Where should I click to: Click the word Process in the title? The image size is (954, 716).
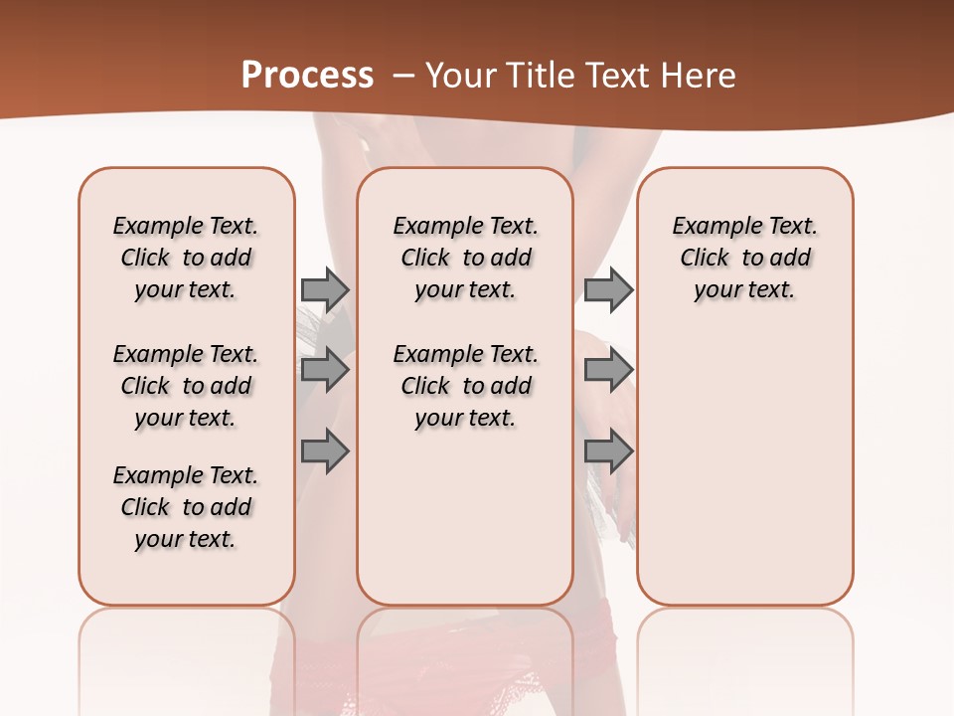coord(307,76)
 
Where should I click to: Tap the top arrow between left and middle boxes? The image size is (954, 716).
coord(325,289)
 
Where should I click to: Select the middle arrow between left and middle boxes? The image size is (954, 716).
coord(325,371)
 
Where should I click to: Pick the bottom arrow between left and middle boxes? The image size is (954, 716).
coord(325,452)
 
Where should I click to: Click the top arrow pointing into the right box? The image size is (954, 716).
coord(608,289)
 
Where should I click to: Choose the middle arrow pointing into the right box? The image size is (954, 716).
coord(608,371)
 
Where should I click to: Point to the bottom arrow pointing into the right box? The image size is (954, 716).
coord(608,452)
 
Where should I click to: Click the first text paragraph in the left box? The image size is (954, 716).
coord(186,258)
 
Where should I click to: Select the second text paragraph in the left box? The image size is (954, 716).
coord(186,386)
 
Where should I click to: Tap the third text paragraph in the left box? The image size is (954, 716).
coord(186,507)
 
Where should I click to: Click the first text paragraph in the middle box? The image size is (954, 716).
coord(465,258)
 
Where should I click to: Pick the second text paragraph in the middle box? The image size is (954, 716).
coord(465,386)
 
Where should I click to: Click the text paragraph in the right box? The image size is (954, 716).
coord(744,258)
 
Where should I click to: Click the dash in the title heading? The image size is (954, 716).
coord(402,76)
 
